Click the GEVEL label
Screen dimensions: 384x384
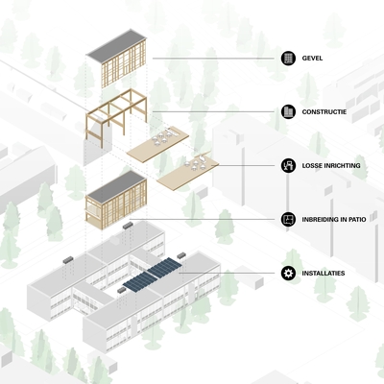pyautogui.click(x=312, y=59)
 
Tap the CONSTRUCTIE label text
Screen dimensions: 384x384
pyautogui.click(x=324, y=112)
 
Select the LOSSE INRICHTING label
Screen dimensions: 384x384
pyautogui.click(x=331, y=166)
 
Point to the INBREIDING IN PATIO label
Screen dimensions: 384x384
pyautogui.click(x=334, y=220)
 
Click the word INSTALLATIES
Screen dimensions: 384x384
pyautogui.click(x=324, y=274)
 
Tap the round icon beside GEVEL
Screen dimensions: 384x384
pyautogui.click(x=288, y=59)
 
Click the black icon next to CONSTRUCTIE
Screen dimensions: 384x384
pyautogui.click(x=288, y=112)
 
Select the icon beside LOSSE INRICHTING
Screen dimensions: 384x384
pyautogui.click(x=288, y=166)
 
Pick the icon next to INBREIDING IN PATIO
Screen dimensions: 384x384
pyautogui.click(x=288, y=220)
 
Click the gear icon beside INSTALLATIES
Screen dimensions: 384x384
pyautogui.click(x=288, y=274)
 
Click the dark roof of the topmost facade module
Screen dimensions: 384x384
pyautogui.click(x=117, y=45)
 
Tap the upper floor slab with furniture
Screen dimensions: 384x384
pyautogui.click(x=157, y=142)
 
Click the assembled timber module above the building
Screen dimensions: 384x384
pyautogui.click(x=116, y=200)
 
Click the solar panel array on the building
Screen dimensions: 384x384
pyautogui.click(x=153, y=276)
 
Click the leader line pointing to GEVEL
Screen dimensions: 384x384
pyautogui.click(x=213, y=59)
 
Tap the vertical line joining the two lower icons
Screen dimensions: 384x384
pyautogui.click(x=288, y=193)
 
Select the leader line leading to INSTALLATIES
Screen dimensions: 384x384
pyautogui.click(x=227, y=274)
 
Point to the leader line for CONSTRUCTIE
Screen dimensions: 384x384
pyautogui.click(x=213, y=112)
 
